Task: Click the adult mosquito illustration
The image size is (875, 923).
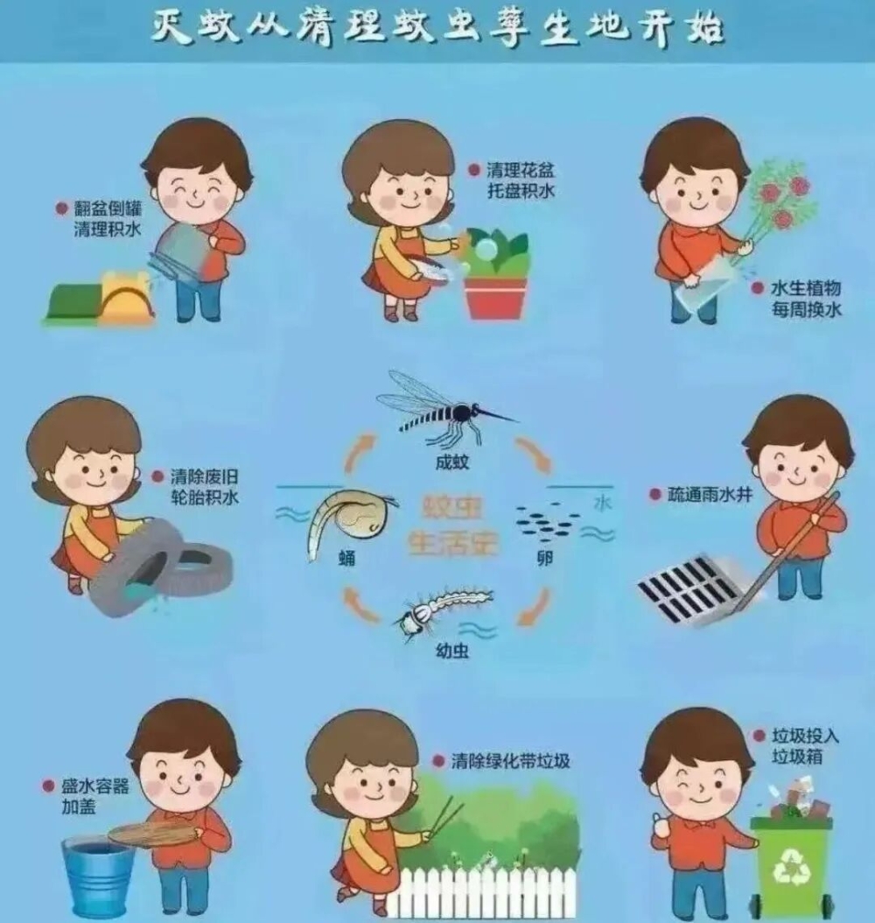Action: [447, 409]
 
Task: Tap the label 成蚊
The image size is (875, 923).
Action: [452, 461]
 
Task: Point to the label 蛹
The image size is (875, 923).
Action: [347, 557]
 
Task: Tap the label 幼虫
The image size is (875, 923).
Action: [452, 651]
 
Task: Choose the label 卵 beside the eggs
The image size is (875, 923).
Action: [545, 558]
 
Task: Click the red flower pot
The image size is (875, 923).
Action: [495, 298]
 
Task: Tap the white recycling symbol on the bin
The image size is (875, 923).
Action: [791, 864]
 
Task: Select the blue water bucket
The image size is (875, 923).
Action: [98, 877]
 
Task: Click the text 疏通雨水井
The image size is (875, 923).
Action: [710, 495]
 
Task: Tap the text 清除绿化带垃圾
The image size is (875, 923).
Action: [510, 760]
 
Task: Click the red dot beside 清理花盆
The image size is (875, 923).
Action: [474, 171]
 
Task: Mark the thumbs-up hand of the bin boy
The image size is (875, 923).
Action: [661, 827]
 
